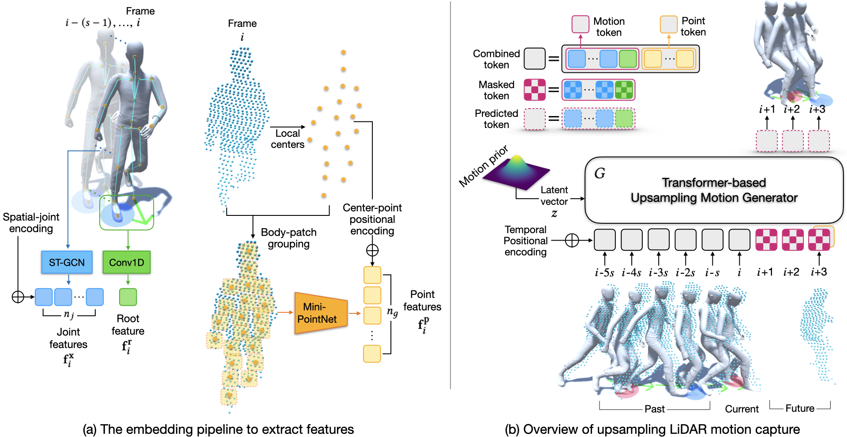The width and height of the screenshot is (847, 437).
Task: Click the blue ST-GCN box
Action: coord(67,262)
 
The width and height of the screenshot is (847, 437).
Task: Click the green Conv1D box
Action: coord(127,262)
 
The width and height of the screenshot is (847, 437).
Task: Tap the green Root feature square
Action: coord(128,297)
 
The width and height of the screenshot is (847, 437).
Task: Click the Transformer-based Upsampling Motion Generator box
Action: coord(714,190)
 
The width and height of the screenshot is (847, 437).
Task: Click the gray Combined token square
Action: coord(534,59)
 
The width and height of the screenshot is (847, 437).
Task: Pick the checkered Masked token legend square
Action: coord(534,90)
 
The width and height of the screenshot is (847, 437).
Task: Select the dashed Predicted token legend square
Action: coord(534,119)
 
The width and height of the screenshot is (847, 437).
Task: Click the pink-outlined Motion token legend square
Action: coord(580,24)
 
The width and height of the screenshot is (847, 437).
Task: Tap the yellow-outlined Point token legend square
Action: coord(668,24)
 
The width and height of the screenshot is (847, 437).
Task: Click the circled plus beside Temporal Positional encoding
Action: coord(572,241)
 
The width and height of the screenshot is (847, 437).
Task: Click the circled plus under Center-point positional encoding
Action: coord(372,250)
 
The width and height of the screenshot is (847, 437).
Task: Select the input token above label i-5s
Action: coord(604,240)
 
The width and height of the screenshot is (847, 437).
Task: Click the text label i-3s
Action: coord(658,272)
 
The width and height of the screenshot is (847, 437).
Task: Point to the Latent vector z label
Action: coord(554,201)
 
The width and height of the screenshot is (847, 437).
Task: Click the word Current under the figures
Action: coord(742,409)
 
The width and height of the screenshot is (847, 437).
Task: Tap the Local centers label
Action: coord(288,139)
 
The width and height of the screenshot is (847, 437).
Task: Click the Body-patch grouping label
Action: coord(289,238)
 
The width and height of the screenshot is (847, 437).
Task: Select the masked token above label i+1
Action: coord(766,240)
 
